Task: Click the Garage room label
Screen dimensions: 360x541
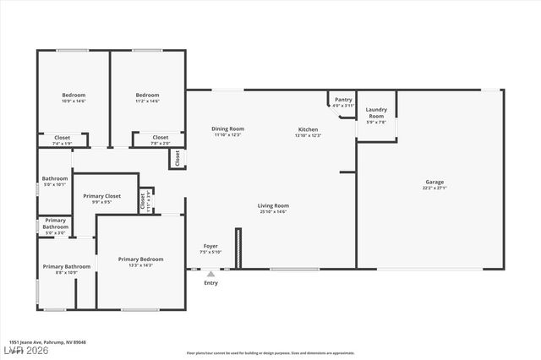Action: (x=434, y=182)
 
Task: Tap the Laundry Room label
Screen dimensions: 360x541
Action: (x=376, y=112)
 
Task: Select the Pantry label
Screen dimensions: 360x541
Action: (x=343, y=100)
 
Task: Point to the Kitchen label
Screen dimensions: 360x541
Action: (x=308, y=129)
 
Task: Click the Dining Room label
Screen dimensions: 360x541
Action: (x=227, y=128)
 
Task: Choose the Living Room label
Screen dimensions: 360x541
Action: (x=274, y=205)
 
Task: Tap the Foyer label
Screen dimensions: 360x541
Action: (x=210, y=246)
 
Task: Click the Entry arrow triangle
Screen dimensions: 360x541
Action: (x=210, y=273)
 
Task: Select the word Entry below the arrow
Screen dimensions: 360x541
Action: (x=210, y=283)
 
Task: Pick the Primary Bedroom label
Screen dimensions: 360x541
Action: (x=141, y=259)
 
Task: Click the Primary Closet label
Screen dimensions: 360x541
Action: (x=101, y=196)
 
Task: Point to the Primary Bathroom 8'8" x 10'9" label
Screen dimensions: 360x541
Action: (x=60, y=266)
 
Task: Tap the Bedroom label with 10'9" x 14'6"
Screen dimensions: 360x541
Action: (x=74, y=95)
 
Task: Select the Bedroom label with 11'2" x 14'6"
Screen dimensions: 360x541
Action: (x=148, y=95)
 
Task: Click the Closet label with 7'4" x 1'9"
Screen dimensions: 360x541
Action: (x=63, y=137)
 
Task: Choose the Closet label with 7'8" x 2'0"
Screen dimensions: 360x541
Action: (x=161, y=137)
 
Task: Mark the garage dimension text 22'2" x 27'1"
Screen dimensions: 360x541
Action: (x=434, y=188)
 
